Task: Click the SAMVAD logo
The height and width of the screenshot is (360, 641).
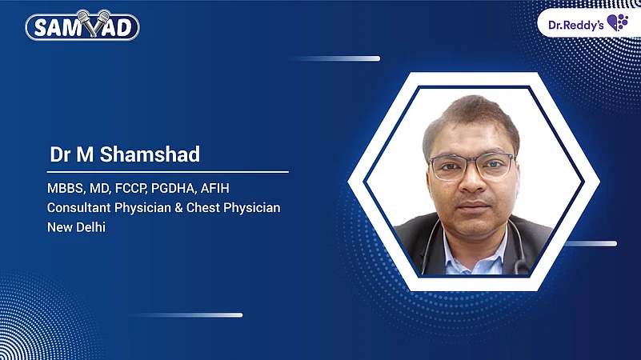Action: pos(82,26)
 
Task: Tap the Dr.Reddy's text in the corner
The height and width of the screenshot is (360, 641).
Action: pos(575,23)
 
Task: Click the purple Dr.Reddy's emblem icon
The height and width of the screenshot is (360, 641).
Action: pos(618,22)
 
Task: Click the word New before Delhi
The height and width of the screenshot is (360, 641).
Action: pos(59,227)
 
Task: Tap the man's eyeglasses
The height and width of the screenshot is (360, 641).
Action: pos(471,166)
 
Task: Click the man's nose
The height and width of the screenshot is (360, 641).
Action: pos(472,181)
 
